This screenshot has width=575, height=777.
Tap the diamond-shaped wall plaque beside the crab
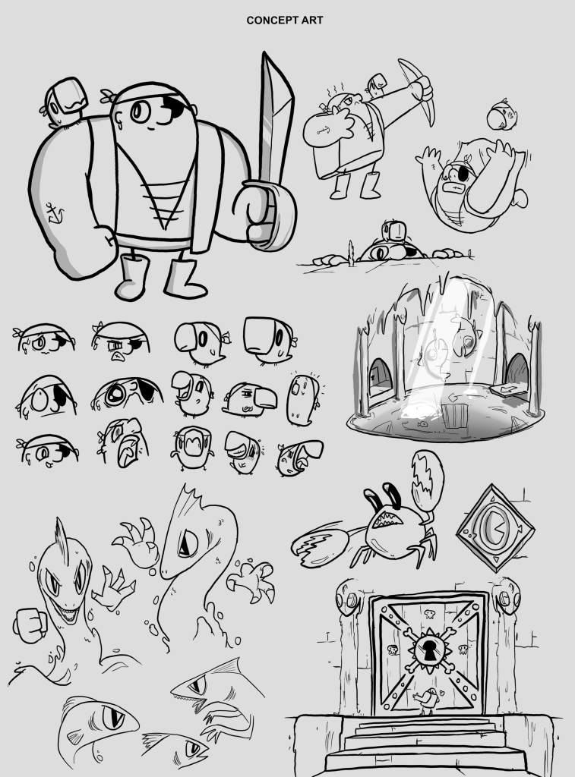tap(494, 528)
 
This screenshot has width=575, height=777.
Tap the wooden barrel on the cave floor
tap(454, 416)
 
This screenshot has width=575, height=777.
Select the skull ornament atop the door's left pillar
tap(349, 598)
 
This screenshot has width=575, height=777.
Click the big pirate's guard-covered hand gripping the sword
tap(264, 214)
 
